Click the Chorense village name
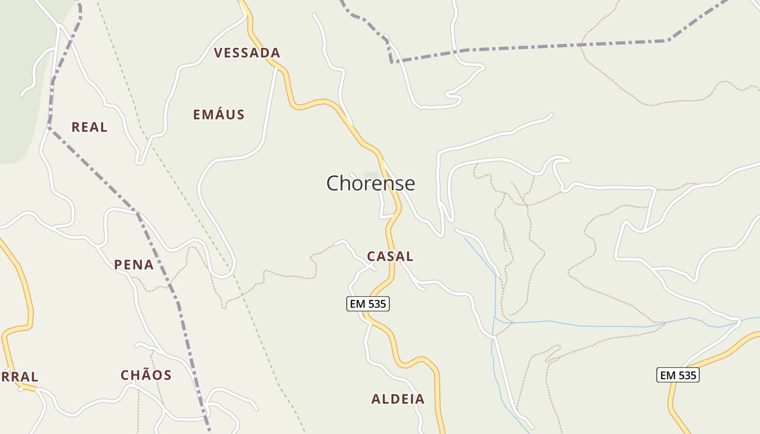(x=370, y=183)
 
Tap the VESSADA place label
(x=247, y=53)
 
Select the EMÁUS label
(x=219, y=114)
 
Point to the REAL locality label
(x=90, y=127)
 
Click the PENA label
(x=134, y=265)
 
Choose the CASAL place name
(x=390, y=256)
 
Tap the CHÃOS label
(x=146, y=375)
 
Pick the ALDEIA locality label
(x=398, y=399)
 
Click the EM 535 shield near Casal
(x=368, y=304)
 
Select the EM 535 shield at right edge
(x=678, y=375)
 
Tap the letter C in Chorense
(x=334, y=183)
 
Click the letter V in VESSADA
(x=219, y=53)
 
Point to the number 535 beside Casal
(x=376, y=304)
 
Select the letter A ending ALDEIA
(x=420, y=399)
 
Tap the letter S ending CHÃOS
(x=167, y=375)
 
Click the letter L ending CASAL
(x=409, y=256)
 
